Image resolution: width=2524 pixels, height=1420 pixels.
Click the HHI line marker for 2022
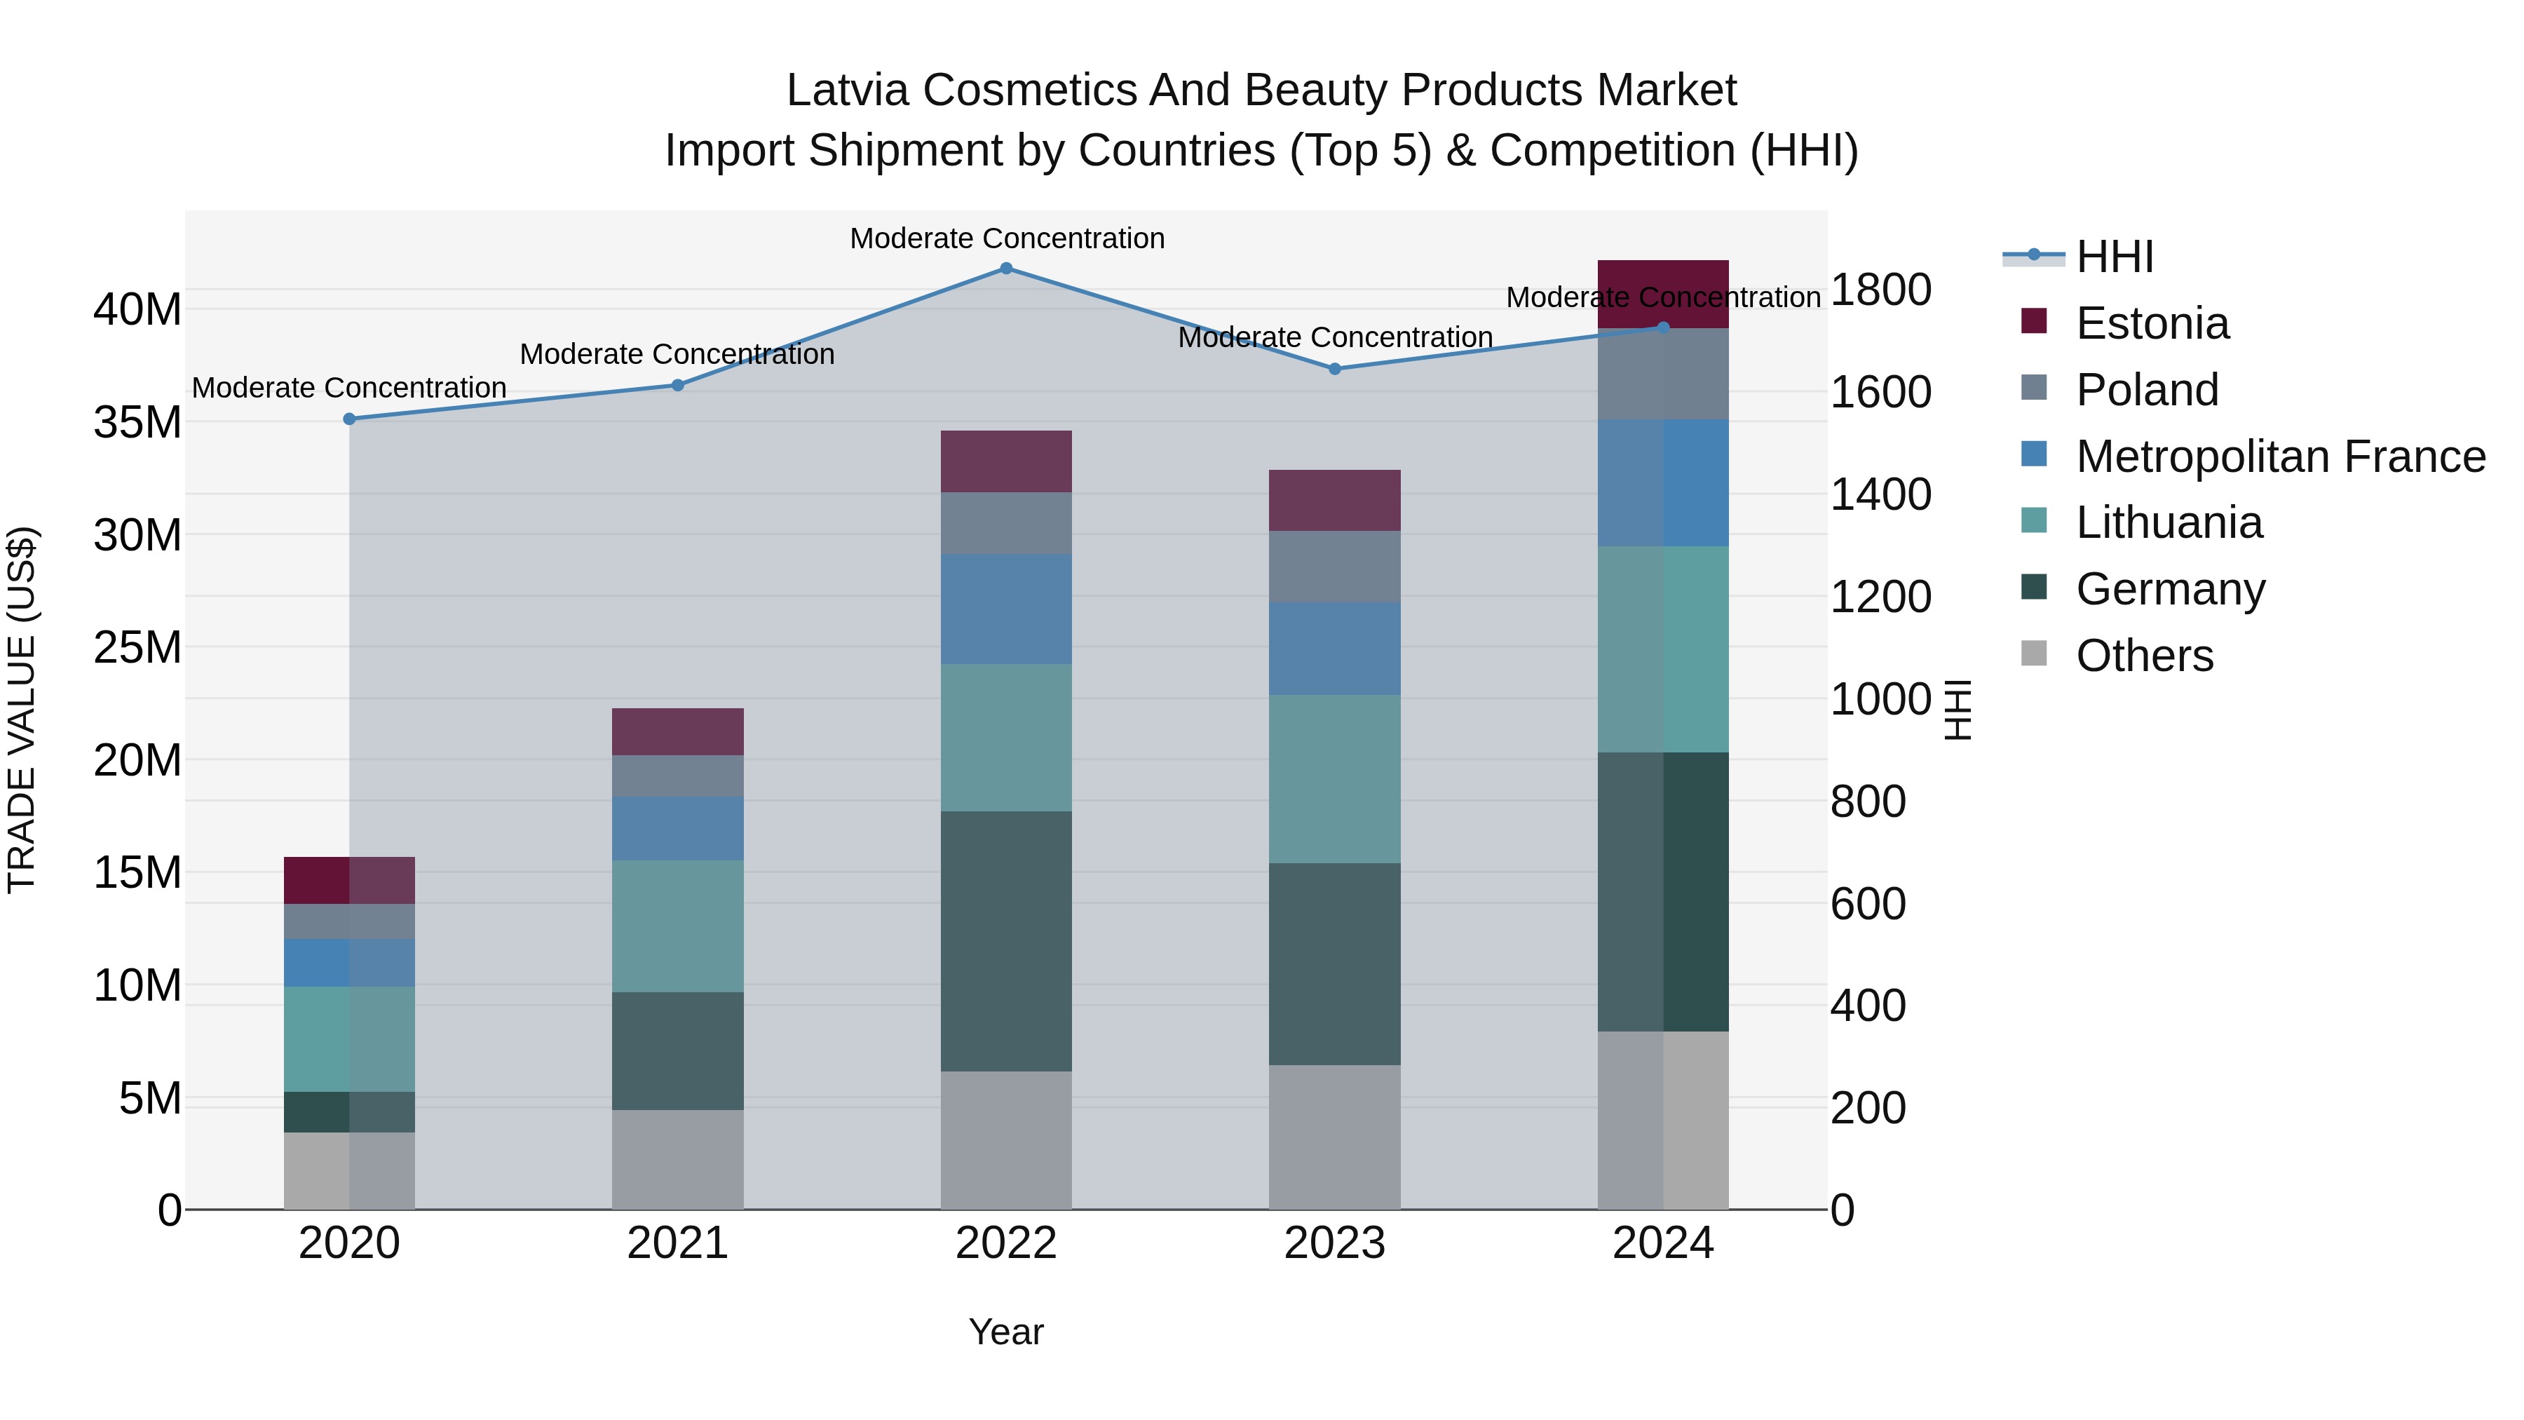pyautogui.click(x=1005, y=268)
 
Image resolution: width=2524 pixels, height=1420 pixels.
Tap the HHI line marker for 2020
pyautogui.click(x=349, y=419)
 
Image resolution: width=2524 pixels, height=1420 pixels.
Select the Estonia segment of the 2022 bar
pyautogui.click(x=1005, y=461)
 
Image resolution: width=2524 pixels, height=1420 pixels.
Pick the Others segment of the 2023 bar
pyautogui.click(x=1334, y=1137)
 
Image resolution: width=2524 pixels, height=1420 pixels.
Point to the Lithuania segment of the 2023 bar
pyautogui.click(x=1334, y=779)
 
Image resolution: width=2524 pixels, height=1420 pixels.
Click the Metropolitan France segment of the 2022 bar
pyautogui.click(x=1005, y=609)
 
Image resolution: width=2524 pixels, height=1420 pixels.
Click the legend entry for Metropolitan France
pyautogui.click(x=2279, y=457)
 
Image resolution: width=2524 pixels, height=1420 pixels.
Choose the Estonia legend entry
pyautogui.click(x=2152, y=323)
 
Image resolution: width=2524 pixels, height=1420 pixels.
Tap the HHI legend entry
pyautogui.click(x=2115, y=257)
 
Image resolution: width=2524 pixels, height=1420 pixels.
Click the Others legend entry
pyautogui.click(x=2144, y=656)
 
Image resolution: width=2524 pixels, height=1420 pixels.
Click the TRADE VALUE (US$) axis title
pyautogui.click(x=22, y=710)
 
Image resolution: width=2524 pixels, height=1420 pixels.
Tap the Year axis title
pyautogui.click(x=1005, y=1332)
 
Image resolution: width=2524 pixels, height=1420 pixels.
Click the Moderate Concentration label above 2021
pyautogui.click(x=677, y=354)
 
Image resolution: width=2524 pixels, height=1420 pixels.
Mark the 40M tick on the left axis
pyautogui.click(x=137, y=310)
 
